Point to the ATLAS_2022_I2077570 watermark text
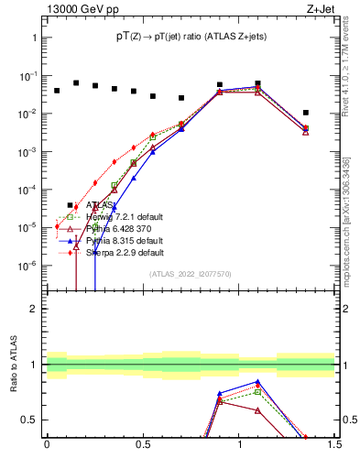(x=189, y=274)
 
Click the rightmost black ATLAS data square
(x=306, y=113)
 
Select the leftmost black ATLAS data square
(x=57, y=91)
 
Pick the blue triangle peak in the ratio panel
(x=258, y=382)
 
